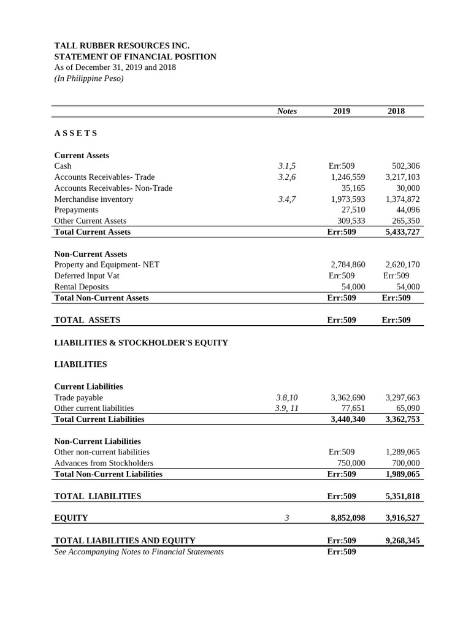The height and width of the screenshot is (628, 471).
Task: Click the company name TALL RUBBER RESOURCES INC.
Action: [x=122, y=45]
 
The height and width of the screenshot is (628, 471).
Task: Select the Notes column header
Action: [x=286, y=111]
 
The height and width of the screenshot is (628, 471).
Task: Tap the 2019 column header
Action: [x=342, y=111]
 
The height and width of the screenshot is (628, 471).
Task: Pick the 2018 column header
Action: [x=396, y=111]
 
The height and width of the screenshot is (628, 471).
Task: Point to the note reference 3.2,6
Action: [x=286, y=177]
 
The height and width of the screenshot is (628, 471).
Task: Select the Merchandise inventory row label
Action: [x=93, y=199]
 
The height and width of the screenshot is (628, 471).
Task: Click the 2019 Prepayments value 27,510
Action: [x=353, y=210]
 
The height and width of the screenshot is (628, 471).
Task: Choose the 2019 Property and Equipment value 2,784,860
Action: [x=348, y=264]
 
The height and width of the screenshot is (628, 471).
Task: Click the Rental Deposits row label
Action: [x=81, y=286]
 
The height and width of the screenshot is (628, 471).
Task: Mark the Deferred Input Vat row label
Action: [x=86, y=275]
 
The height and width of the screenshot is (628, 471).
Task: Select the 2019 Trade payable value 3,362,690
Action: [x=348, y=397]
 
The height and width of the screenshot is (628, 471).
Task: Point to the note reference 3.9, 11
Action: [x=286, y=408]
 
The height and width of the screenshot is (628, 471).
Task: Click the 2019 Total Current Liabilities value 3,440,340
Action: [x=348, y=419]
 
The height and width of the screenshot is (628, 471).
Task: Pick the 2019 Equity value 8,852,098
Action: [x=348, y=518]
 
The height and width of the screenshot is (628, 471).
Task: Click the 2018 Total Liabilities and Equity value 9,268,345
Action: [x=402, y=540]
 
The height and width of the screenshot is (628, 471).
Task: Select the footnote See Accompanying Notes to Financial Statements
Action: [x=139, y=551]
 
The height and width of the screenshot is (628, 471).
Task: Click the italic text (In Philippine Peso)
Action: [x=89, y=78]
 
